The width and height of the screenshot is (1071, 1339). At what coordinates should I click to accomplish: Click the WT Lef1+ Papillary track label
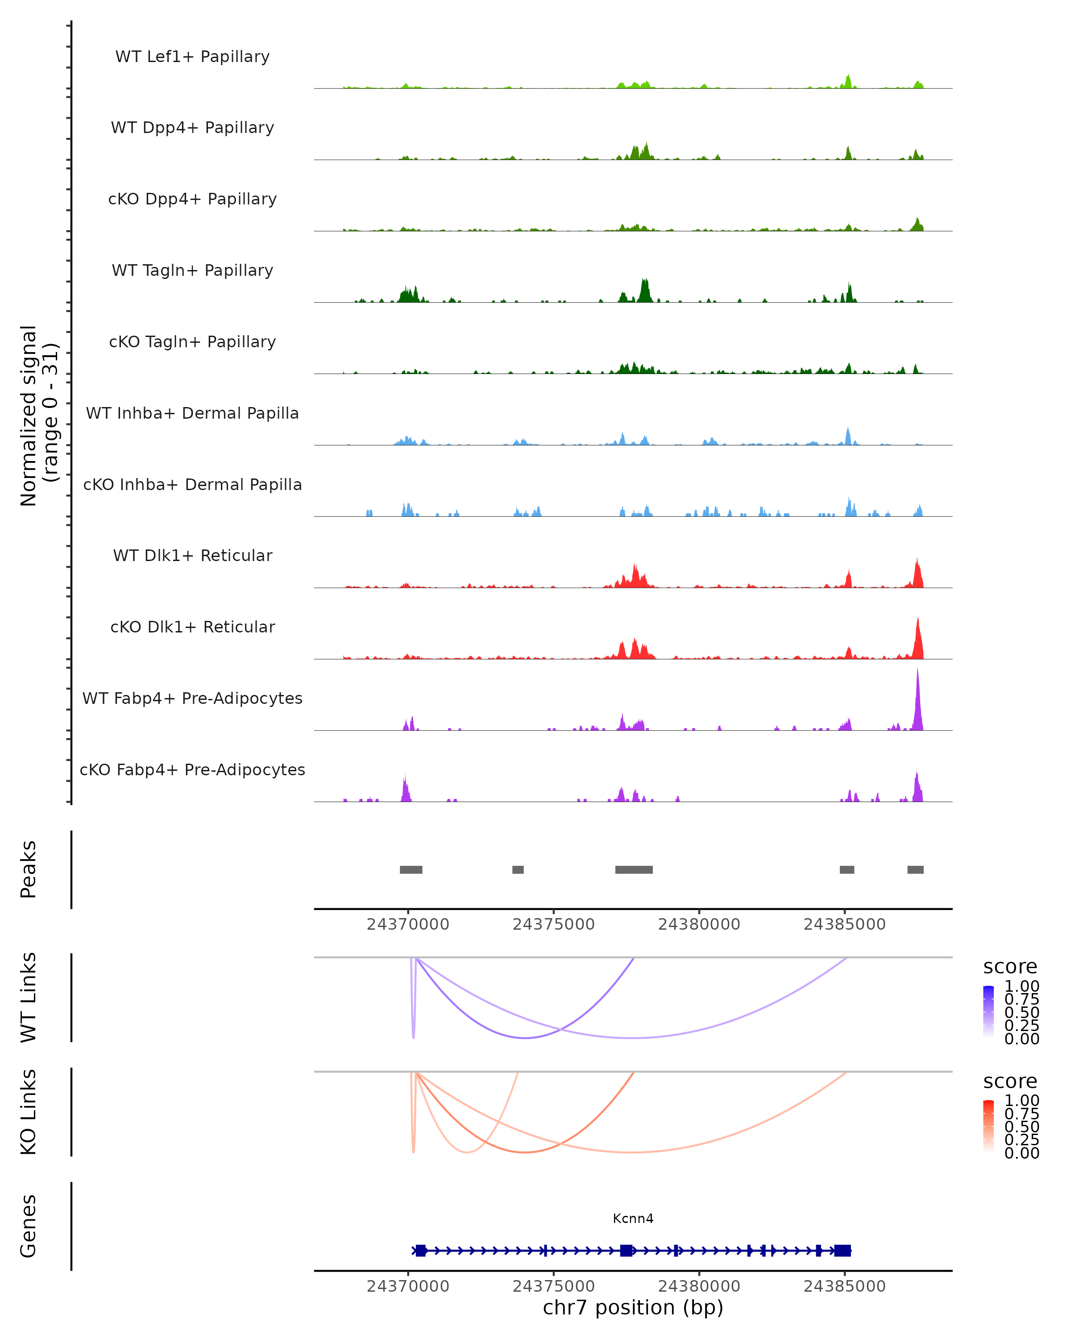pos(192,57)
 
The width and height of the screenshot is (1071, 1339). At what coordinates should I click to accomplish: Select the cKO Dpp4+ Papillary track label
pos(192,199)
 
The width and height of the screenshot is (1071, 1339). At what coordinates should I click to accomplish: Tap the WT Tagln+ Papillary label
pos(192,270)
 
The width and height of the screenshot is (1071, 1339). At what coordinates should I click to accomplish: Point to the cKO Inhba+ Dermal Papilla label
pos(192,484)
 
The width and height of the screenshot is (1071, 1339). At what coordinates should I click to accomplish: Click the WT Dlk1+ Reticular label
pos(192,555)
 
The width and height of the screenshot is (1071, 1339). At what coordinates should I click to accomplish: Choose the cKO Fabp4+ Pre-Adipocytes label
pos(192,769)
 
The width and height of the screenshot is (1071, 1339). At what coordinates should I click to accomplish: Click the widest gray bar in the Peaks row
pos(634,869)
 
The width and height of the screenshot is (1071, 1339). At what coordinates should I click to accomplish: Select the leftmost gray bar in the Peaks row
pos(411,869)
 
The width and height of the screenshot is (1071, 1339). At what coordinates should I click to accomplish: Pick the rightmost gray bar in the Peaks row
pos(915,869)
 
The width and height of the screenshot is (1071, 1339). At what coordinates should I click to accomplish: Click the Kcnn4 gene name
pos(633,1218)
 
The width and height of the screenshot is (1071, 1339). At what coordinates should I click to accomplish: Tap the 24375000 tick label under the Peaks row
pos(554,924)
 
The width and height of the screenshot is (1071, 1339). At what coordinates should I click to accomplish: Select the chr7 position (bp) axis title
pos(633,1307)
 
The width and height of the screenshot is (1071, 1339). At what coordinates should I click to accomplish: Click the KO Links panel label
pos(29,1112)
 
